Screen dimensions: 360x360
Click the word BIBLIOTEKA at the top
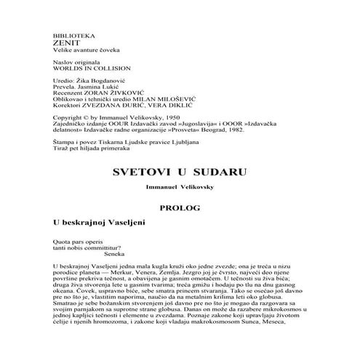pos(70,36)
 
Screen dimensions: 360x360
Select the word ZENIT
pos(63,44)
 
